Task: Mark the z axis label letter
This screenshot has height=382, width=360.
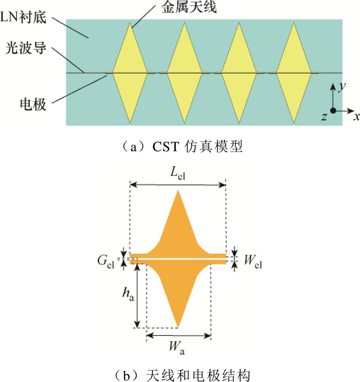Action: (x=324, y=117)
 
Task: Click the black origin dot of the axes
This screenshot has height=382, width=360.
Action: (x=333, y=110)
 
